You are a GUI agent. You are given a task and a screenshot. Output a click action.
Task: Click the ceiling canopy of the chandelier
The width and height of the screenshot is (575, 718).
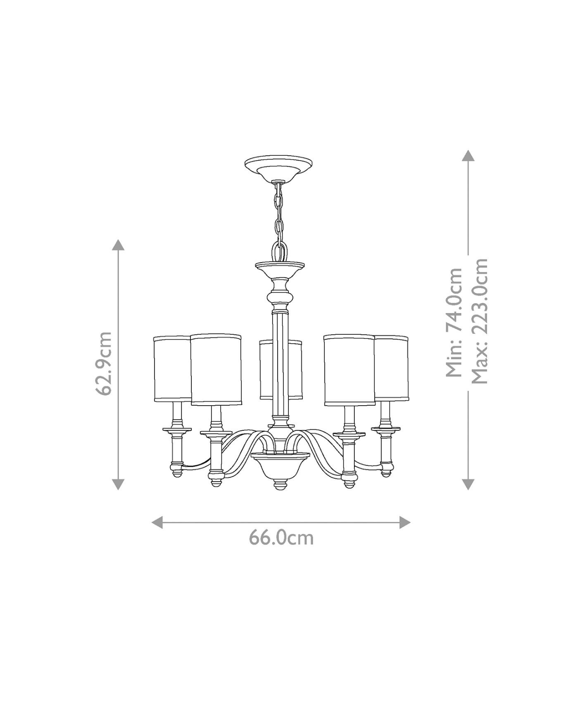[278, 168]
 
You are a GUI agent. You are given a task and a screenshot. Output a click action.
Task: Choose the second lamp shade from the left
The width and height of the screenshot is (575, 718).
[216, 369]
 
